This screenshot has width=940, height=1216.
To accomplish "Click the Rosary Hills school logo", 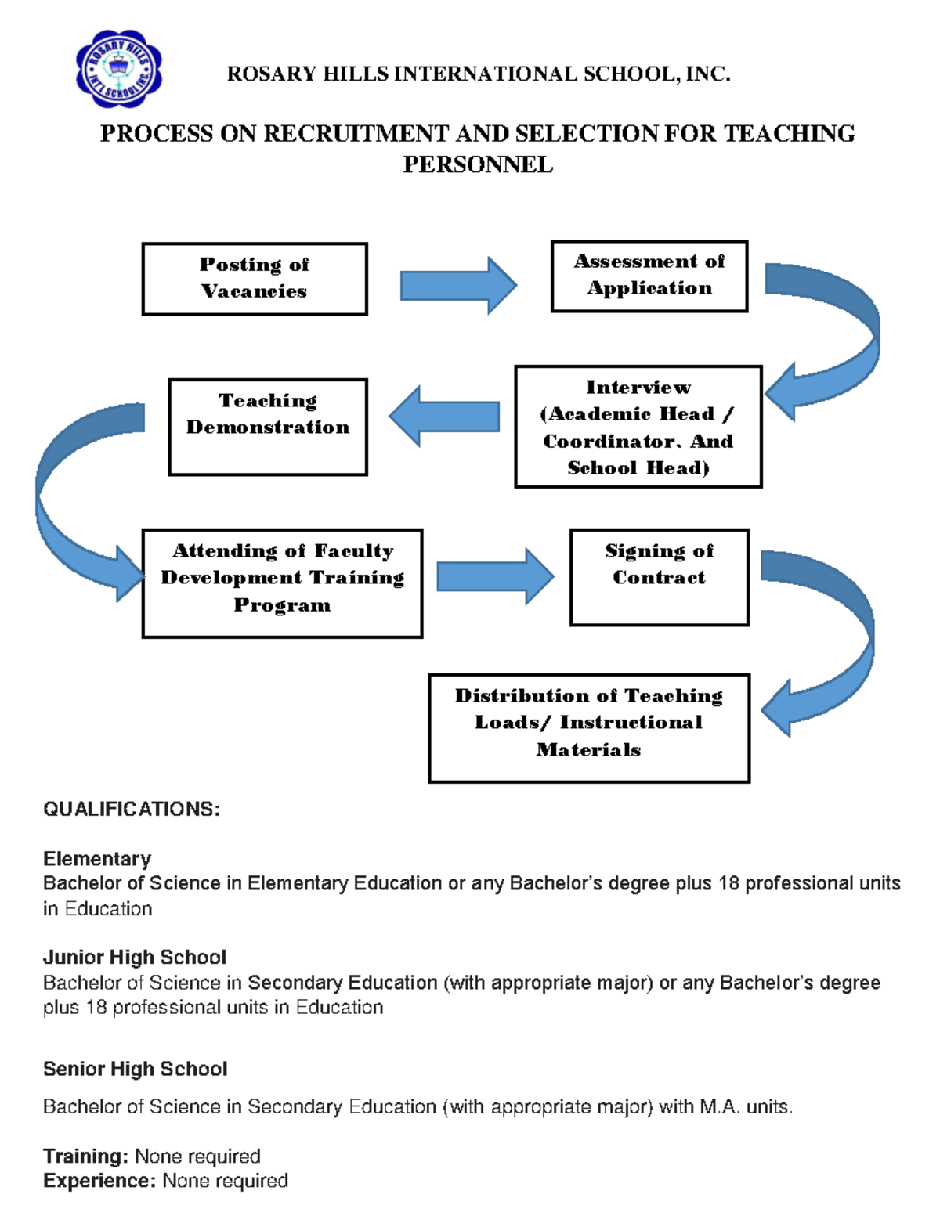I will pyautogui.click(x=118, y=70).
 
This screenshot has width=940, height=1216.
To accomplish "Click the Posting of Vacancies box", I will pyautogui.click(x=255, y=279).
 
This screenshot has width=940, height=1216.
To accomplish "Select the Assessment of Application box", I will pyautogui.click(x=649, y=276).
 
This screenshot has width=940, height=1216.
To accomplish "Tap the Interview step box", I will pyautogui.click(x=638, y=427).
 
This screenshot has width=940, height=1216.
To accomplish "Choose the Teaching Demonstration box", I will pyautogui.click(x=268, y=427).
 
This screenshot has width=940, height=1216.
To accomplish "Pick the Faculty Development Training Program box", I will pyautogui.click(x=282, y=583).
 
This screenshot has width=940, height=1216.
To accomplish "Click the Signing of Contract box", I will pyautogui.click(x=659, y=577).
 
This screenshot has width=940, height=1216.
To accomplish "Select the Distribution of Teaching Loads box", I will pyautogui.click(x=588, y=727).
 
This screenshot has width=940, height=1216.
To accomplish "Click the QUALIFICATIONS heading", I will pyautogui.click(x=132, y=809).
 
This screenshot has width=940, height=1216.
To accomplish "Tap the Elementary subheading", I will pyautogui.click(x=97, y=859).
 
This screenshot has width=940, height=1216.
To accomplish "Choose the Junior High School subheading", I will pyautogui.click(x=135, y=957).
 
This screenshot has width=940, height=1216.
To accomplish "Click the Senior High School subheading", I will pyautogui.click(x=136, y=1069).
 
